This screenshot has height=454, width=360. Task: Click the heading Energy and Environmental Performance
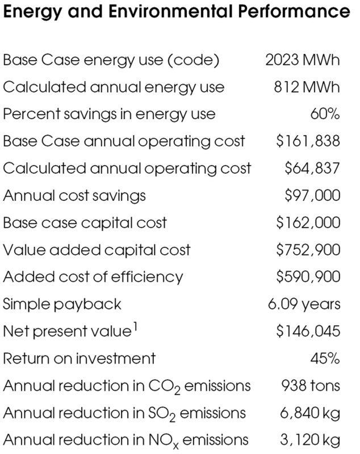click(x=176, y=11)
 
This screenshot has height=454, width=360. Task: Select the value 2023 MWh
click(x=303, y=60)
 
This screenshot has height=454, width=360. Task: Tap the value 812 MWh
click(x=307, y=87)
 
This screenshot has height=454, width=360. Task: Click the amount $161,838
click(x=308, y=141)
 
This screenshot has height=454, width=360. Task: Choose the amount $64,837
click(x=312, y=169)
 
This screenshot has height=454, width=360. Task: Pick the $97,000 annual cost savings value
click(x=312, y=196)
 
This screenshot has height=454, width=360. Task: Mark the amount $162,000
click(x=308, y=222)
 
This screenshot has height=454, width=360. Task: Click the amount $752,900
click(x=308, y=250)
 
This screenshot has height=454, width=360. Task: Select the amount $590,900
click(x=308, y=277)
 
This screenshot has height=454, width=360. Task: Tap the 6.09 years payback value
click(x=304, y=304)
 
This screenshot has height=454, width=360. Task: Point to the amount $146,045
click(x=308, y=331)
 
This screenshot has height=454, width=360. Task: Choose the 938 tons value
click(x=311, y=386)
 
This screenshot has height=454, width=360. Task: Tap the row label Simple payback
click(x=62, y=304)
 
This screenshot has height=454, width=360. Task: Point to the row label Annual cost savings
click(x=74, y=196)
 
